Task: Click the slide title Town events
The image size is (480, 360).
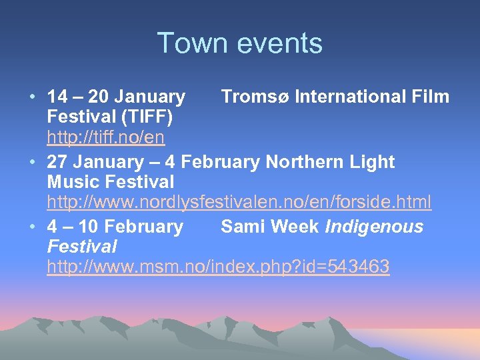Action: click(x=239, y=43)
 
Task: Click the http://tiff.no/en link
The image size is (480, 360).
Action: click(x=106, y=138)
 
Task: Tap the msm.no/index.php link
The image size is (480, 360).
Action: click(x=218, y=267)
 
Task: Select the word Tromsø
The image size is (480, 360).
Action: click(x=255, y=97)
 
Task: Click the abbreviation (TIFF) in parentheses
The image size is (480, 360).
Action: click(x=147, y=117)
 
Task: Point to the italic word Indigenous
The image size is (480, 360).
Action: click(x=374, y=227)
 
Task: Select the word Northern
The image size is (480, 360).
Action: click(x=301, y=162)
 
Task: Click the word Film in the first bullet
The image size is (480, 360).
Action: click(x=430, y=97)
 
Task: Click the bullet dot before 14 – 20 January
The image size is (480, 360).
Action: click(x=33, y=97)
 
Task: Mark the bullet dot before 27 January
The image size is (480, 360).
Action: click(x=33, y=162)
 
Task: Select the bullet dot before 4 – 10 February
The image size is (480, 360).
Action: click(x=33, y=227)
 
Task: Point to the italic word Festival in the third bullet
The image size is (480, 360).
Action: click(x=82, y=247)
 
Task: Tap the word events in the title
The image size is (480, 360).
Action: click(x=281, y=43)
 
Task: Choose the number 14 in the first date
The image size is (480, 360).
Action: click(x=57, y=97)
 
